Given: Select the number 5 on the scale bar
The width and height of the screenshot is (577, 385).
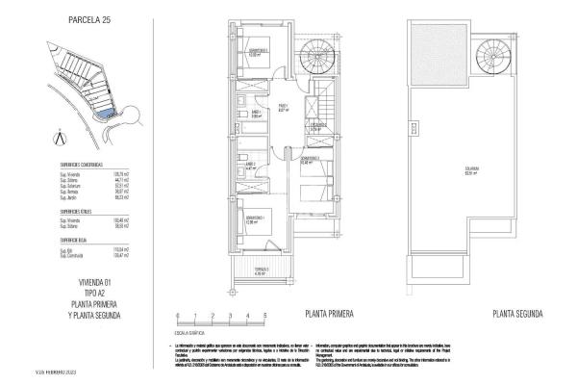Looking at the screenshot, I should coord(264,316).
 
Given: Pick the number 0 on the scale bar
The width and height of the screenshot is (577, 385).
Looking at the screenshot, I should coord(177,316).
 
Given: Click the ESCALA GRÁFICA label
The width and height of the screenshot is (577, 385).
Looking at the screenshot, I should coord(189,332).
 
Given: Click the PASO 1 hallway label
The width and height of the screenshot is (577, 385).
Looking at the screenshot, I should coord(284,107).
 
